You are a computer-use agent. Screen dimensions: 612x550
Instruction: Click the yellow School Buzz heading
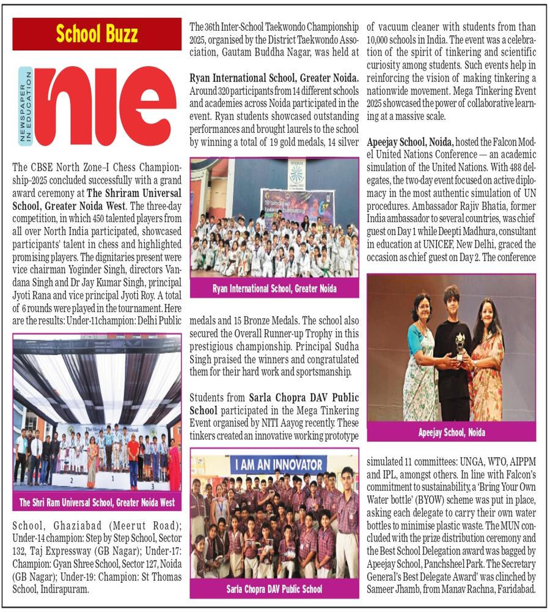(97, 34)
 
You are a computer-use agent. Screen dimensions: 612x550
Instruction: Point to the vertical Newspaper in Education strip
(24, 106)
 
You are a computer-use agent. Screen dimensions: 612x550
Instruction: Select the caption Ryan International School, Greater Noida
(274, 289)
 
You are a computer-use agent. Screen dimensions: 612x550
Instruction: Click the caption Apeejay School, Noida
(452, 432)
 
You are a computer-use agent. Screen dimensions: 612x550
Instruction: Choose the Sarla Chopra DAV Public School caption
(274, 589)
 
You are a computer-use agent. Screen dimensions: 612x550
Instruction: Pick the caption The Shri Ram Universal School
(97, 502)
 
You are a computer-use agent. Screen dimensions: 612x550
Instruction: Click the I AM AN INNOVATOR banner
(274, 463)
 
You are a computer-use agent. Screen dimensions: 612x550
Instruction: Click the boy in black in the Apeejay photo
(452, 355)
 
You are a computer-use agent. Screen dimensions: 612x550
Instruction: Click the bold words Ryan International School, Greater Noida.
(274, 78)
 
